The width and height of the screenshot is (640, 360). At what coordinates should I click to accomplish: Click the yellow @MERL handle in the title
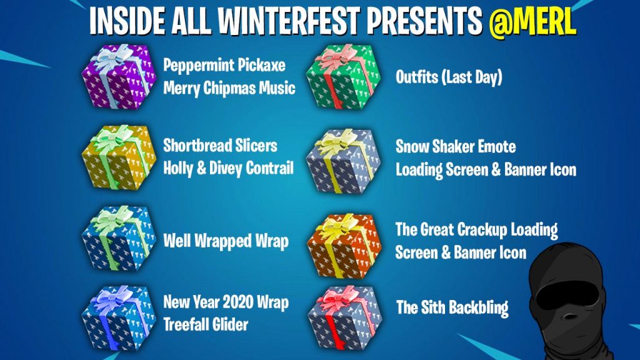coord(532,22)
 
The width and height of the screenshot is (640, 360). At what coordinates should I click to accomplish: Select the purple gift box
coord(119,76)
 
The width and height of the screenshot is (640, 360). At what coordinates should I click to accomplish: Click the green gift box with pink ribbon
coord(343,76)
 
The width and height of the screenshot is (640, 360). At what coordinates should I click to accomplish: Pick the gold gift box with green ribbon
coord(119,157)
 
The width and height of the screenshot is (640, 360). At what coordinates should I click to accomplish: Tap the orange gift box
coord(344,246)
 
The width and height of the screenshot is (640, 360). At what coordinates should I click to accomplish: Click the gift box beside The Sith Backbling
coord(344,318)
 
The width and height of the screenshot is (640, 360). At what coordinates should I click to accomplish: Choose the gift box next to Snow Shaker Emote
coord(343,161)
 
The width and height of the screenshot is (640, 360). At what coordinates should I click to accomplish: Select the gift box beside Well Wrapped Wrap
coord(119,238)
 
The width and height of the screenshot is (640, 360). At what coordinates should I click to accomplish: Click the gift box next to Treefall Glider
coord(119,318)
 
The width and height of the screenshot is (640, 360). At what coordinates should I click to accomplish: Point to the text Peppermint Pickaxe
coord(224,66)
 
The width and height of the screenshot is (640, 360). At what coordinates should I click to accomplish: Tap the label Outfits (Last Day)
coord(449,77)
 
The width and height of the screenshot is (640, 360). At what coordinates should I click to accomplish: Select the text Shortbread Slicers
coord(220,146)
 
